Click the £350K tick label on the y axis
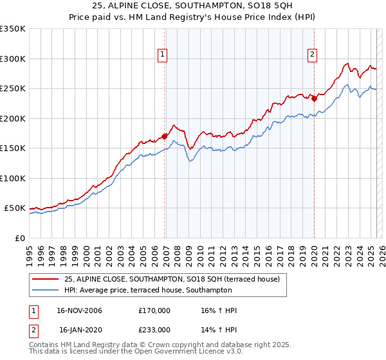tap(12, 29)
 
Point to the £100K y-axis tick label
tap(12, 178)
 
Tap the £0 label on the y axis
tap(19, 238)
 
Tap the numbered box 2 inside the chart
tap(312, 55)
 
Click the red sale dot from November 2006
tap(165, 136)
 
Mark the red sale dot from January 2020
tap(315, 98)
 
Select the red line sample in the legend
tap(45, 280)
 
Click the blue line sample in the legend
tap(45, 290)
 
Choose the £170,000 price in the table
tap(154, 310)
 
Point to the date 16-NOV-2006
tap(80, 310)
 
